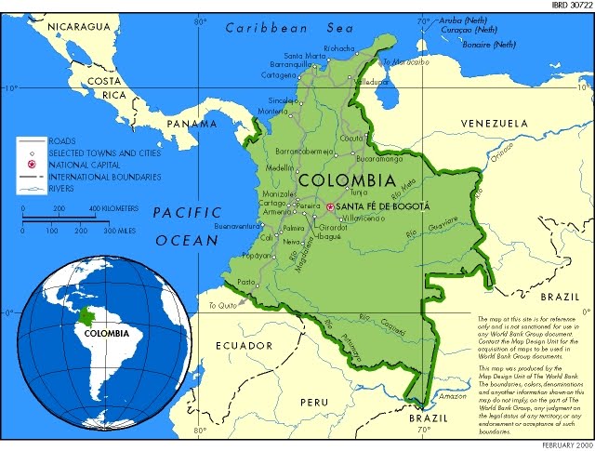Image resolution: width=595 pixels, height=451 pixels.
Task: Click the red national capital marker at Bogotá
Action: click(330, 206)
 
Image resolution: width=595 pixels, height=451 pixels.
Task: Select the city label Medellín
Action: click(280, 168)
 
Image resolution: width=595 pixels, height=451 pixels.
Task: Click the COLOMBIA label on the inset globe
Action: click(105, 331)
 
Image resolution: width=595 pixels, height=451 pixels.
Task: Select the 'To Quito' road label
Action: click(223, 306)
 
